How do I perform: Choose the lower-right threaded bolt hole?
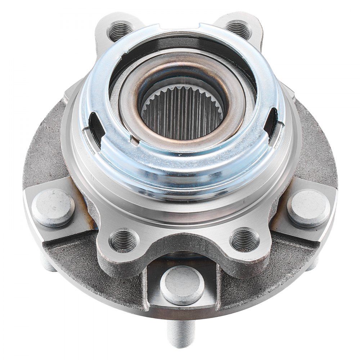tap(245, 239)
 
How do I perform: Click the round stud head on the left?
tap(53, 208)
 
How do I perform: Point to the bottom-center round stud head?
tap(182, 285)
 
